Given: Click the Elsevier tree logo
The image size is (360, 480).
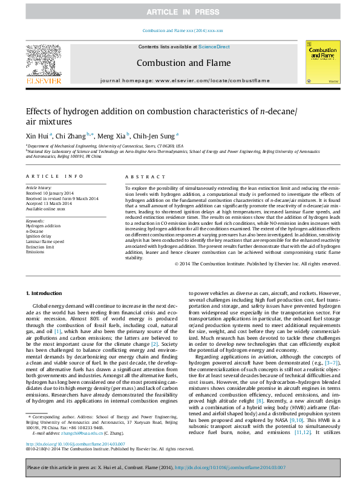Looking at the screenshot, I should (43, 63).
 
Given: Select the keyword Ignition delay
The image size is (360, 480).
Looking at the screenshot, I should (38, 236).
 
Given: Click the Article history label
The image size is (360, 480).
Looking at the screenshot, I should (38, 189).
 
